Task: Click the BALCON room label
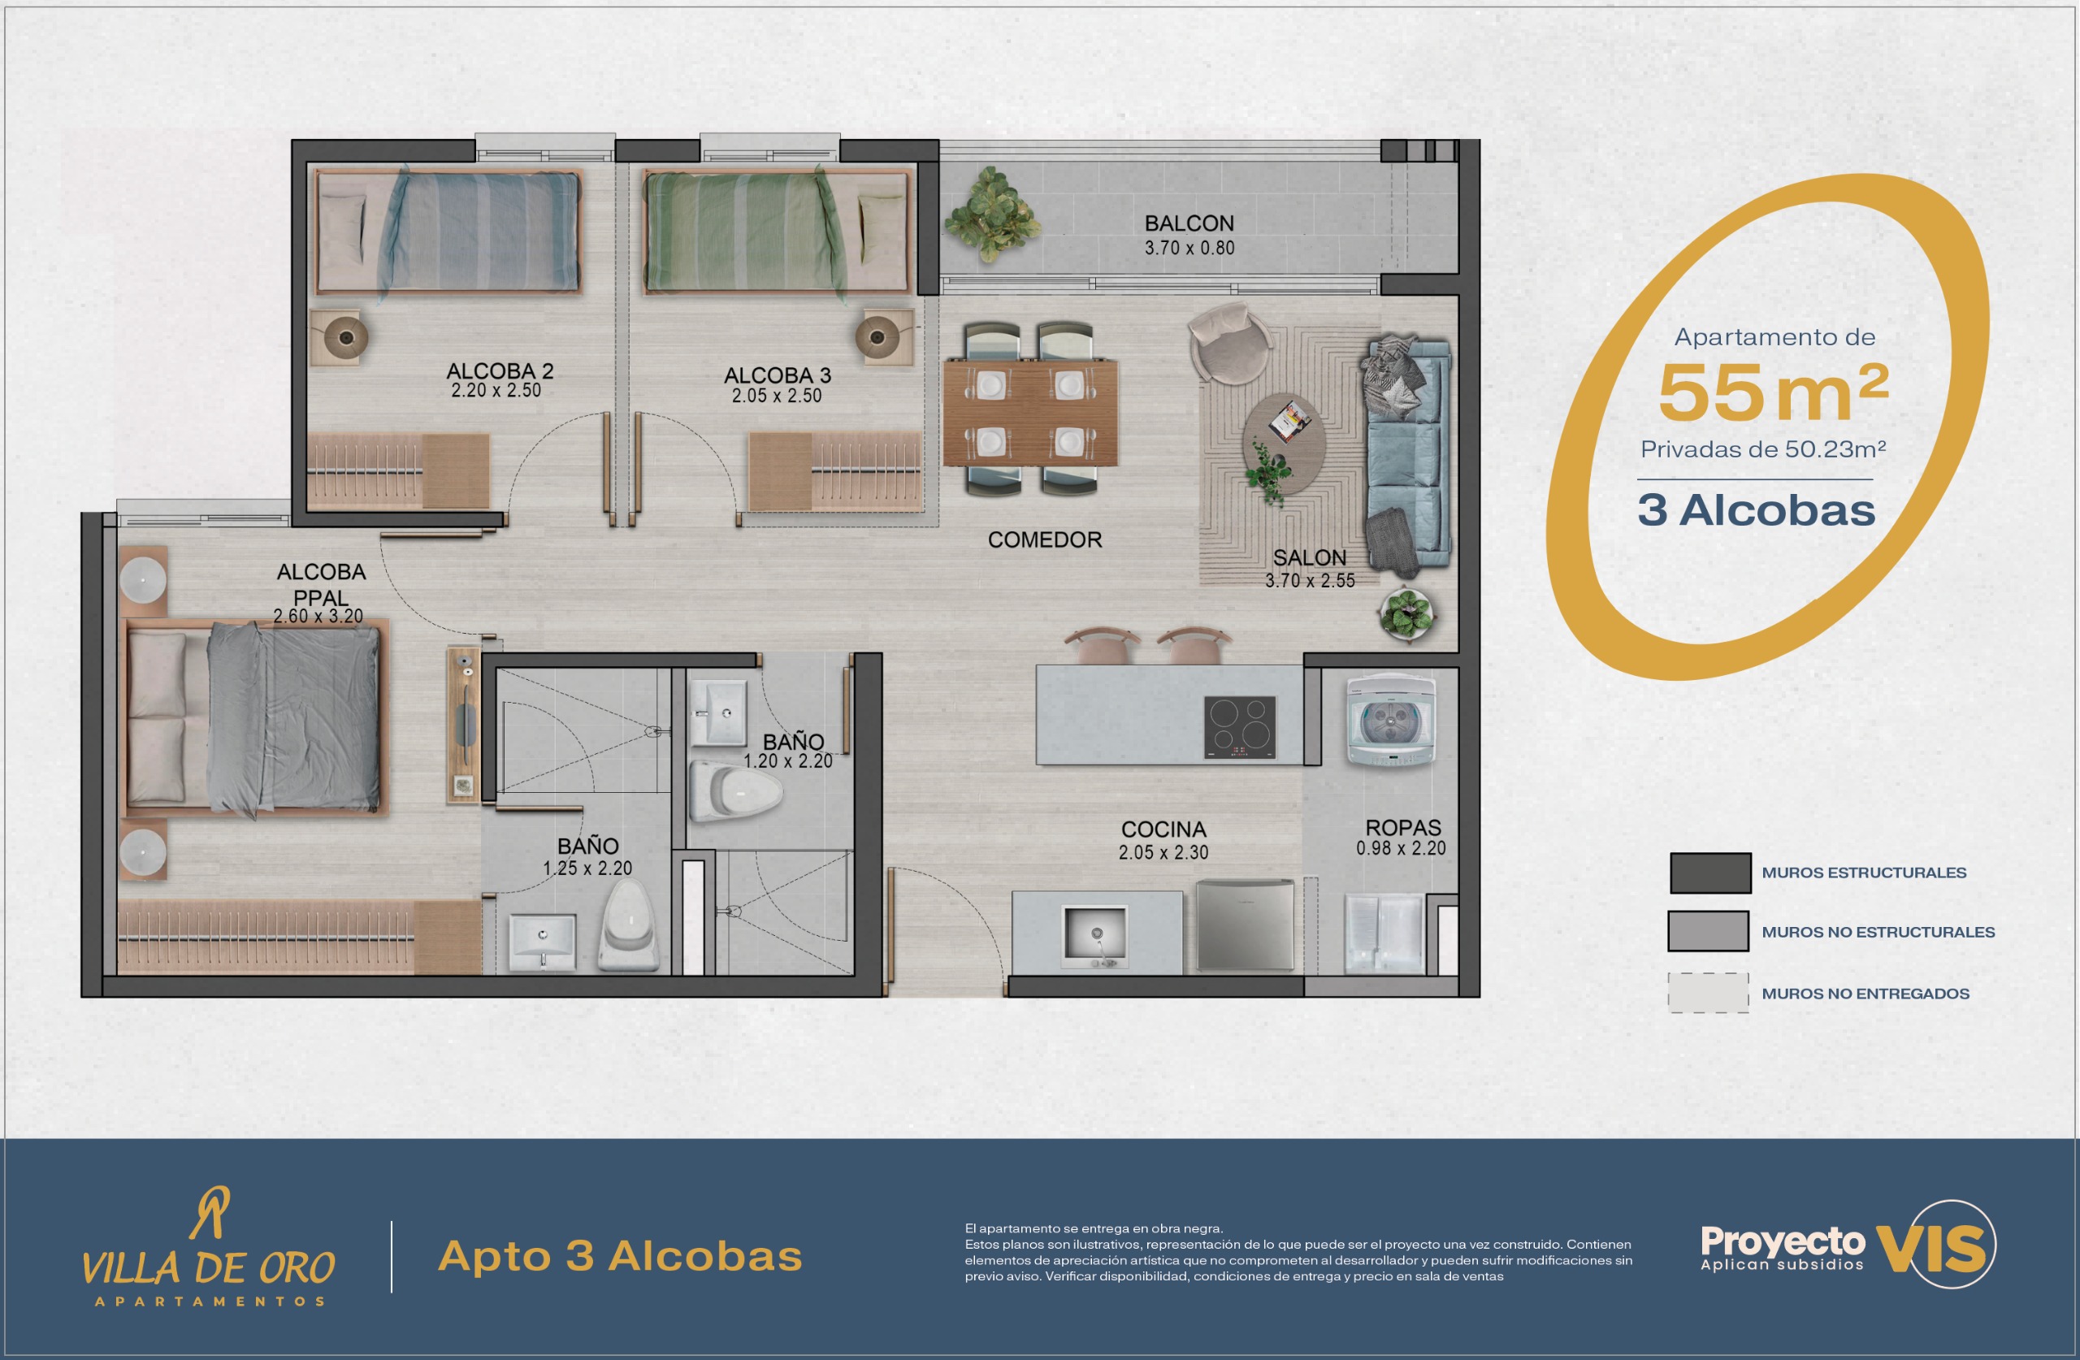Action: coord(1189,223)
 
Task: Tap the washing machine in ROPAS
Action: coord(1390,722)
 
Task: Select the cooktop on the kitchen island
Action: coord(1239,726)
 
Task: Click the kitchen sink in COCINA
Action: coord(1096,936)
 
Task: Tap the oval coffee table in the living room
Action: coord(1284,444)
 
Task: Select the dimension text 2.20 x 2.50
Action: coord(496,391)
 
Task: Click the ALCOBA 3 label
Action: coord(777,375)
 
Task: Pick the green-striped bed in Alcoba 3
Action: coord(776,232)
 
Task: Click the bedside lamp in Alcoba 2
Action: coord(345,336)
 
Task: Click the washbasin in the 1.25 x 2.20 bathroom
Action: coord(542,942)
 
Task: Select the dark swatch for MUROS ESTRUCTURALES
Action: coord(1710,873)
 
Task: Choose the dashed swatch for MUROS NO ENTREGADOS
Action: coord(1709,993)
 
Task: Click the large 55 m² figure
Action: coord(1773,392)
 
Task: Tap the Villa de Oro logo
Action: coord(210,1246)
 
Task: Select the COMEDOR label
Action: coord(1044,540)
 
